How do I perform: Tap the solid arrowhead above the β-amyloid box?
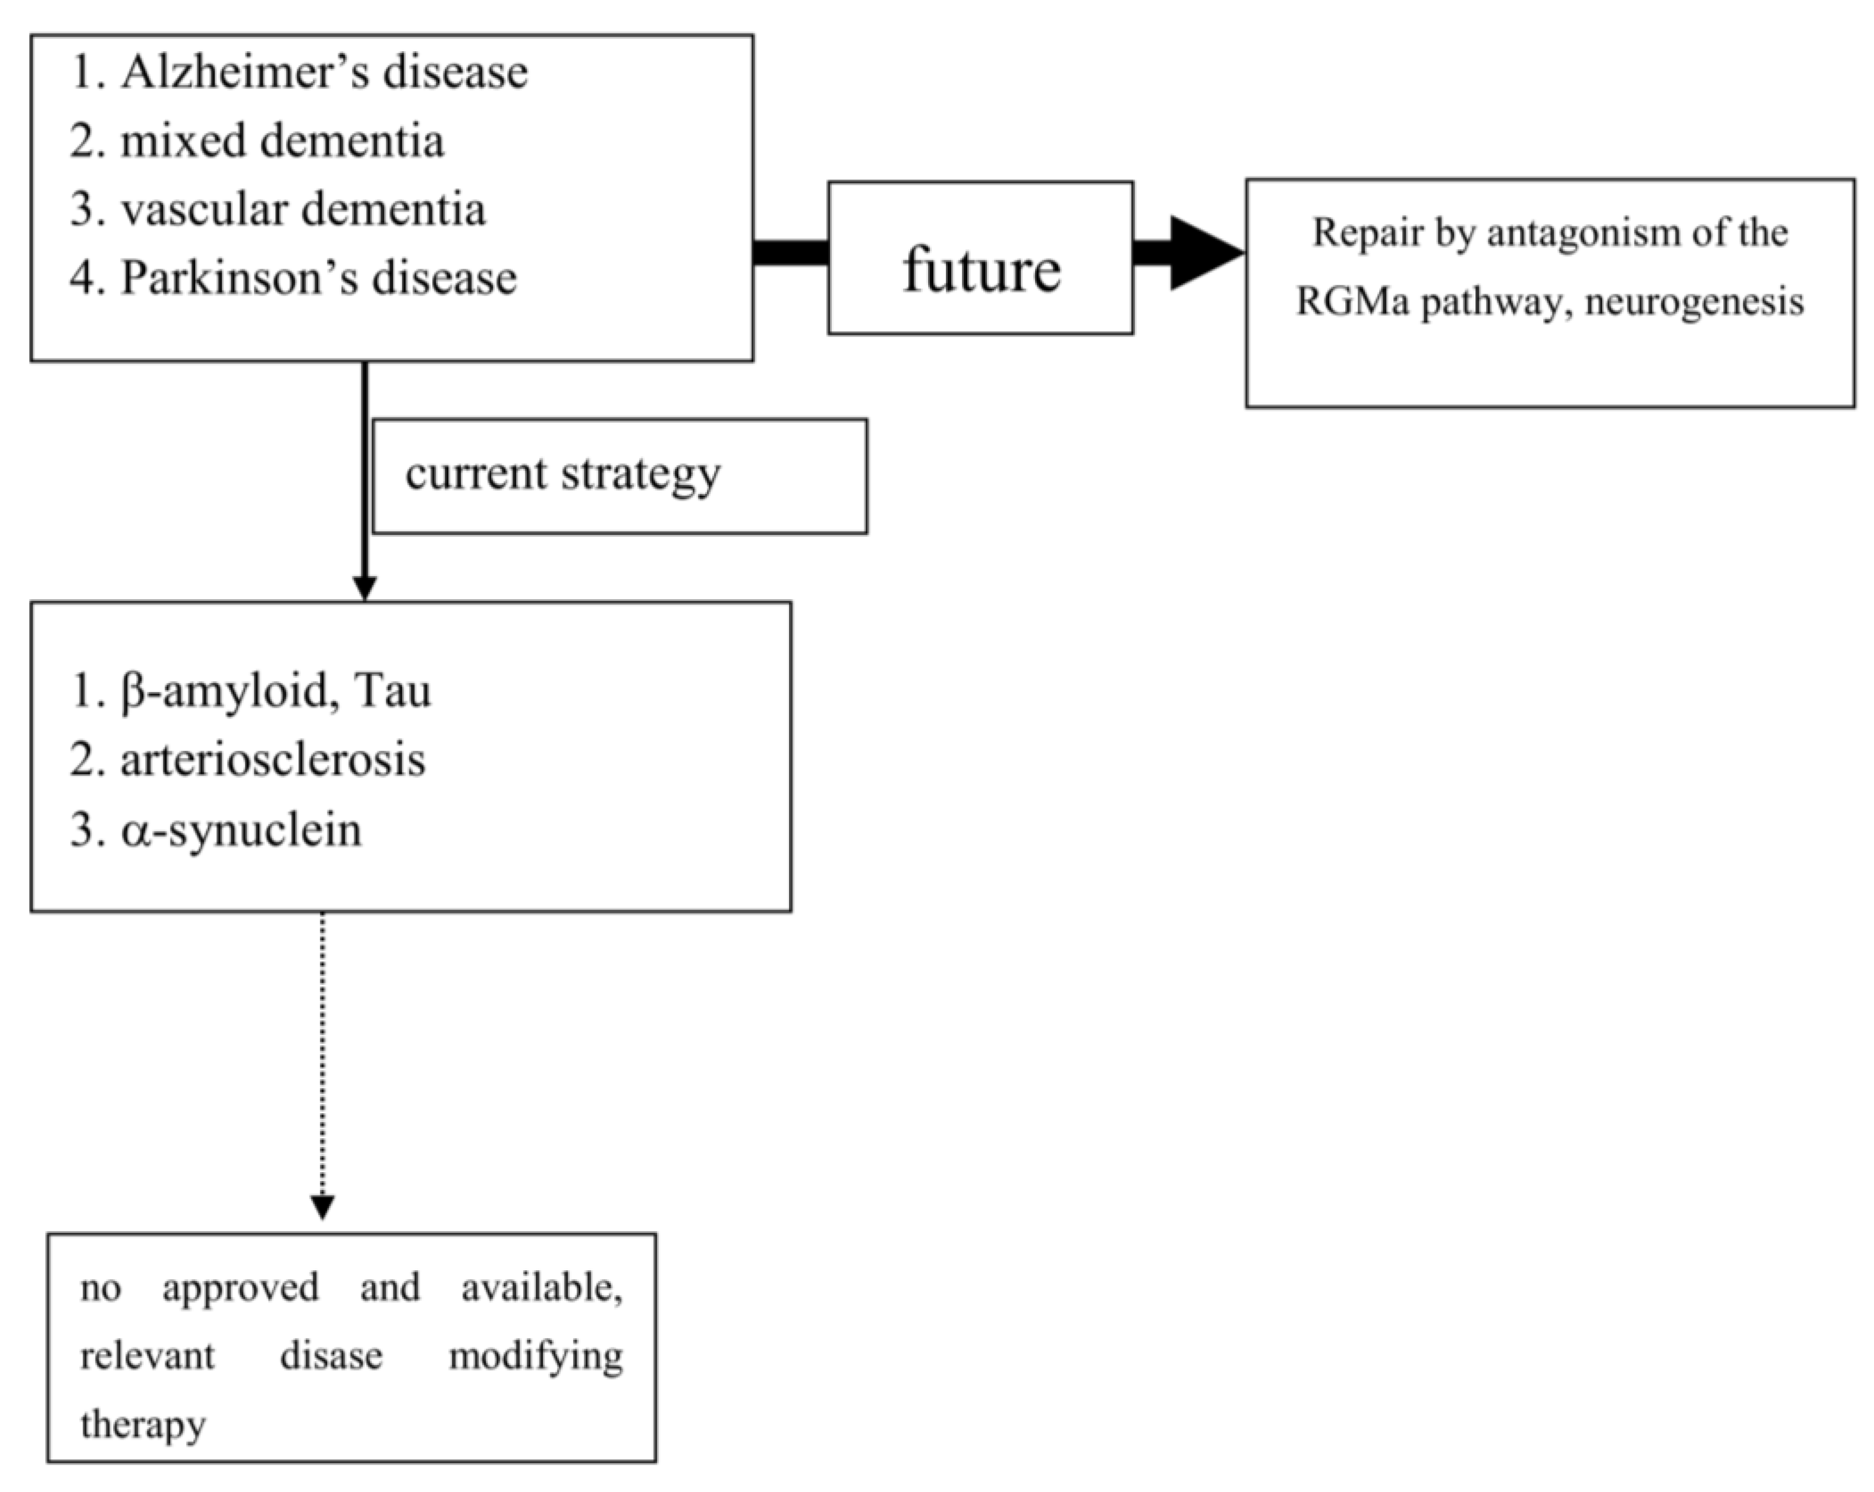365,588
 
